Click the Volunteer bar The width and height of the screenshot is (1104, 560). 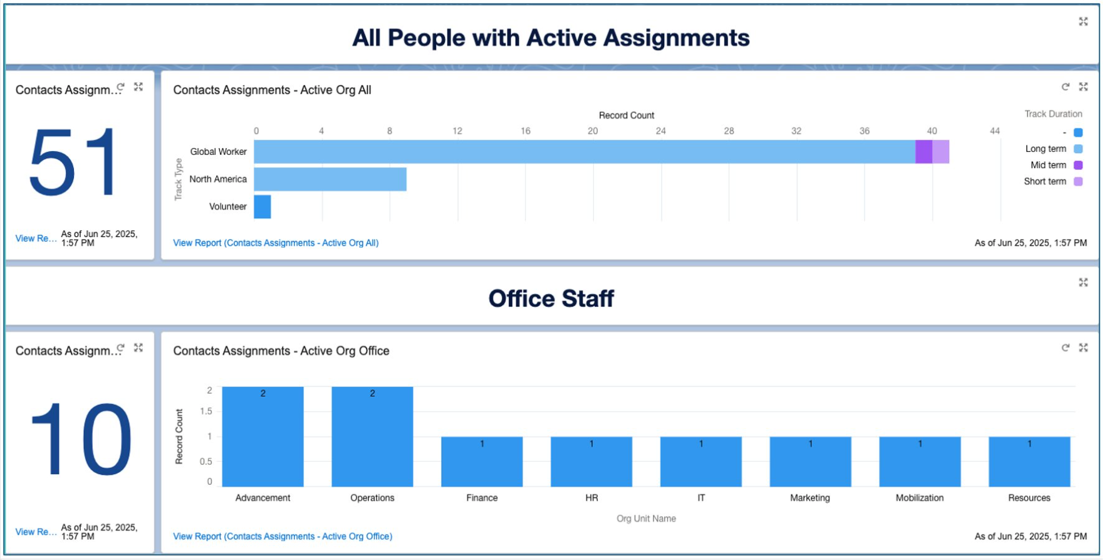tap(263, 207)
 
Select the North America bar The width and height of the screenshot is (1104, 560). tap(330, 179)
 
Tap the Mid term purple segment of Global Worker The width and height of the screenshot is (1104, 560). tap(924, 152)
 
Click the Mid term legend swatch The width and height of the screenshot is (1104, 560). tap(1078, 166)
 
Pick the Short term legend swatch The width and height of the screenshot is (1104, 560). tap(1078, 182)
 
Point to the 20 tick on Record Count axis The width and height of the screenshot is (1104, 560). tap(593, 131)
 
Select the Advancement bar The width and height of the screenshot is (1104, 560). tap(263, 436)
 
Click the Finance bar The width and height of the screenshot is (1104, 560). tap(482, 462)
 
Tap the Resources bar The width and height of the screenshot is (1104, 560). tap(1029, 462)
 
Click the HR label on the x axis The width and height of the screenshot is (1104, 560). tap(591, 498)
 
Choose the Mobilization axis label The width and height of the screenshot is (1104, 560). tap(920, 498)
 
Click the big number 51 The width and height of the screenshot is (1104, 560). tap(74, 162)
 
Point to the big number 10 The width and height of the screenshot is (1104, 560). tap(81, 439)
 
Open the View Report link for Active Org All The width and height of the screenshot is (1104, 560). tap(276, 243)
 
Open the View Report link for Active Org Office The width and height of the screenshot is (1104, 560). tap(283, 537)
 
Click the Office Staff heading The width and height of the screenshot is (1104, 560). tap(551, 298)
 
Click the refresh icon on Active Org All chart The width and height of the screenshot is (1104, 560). tap(1065, 87)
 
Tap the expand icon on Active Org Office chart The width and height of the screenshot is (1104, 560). tap(1083, 348)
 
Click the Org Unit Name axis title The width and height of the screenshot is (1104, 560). tap(646, 519)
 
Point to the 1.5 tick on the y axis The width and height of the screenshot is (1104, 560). tap(206, 411)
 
